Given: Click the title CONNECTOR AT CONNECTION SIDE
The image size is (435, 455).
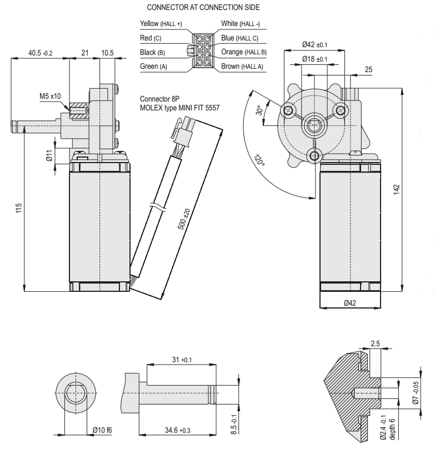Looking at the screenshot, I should [x=203, y=8].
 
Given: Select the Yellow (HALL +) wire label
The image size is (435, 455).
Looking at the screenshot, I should [x=161, y=24].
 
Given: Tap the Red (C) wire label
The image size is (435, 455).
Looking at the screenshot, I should [x=151, y=38].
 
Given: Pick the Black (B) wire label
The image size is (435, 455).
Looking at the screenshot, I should [x=153, y=53].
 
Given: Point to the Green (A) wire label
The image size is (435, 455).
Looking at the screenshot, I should [x=153, y=67].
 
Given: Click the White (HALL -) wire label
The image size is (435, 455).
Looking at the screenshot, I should [x=241, y=24].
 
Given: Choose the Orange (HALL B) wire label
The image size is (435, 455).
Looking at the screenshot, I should [x=243, y=52].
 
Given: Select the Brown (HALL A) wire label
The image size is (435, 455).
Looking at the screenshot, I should [x=242, y=67].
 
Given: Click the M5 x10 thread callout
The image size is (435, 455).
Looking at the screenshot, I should [x=50, y=96].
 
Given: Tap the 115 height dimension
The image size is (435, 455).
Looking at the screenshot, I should [x=18, y=208].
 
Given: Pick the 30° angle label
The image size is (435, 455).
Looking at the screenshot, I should [x=259, y=111].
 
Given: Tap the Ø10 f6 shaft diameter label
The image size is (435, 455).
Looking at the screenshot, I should [x=102, y=431].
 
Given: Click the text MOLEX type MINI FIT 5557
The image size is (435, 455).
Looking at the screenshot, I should [x=179, y=108].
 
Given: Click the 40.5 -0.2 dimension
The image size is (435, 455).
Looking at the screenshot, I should [x=41, y=53].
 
